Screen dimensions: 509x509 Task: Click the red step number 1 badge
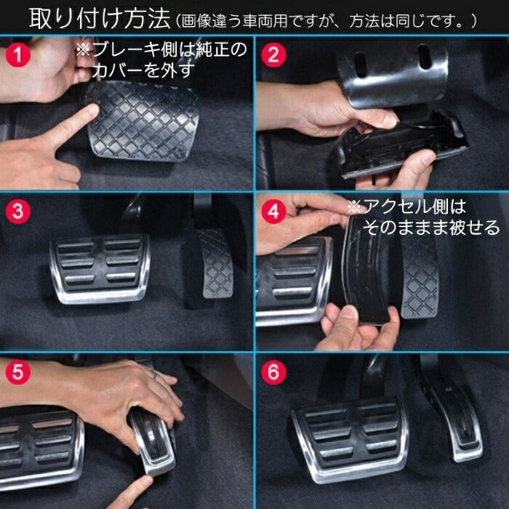click(x=17, y=54)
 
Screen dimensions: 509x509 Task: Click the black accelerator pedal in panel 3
click(x=215, y=262)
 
